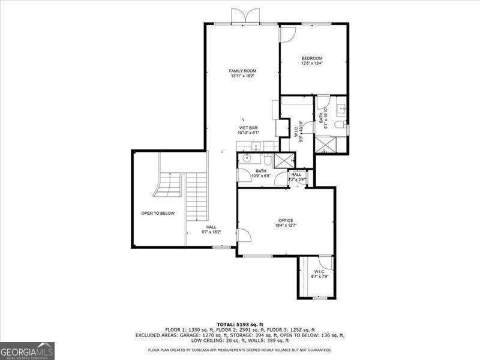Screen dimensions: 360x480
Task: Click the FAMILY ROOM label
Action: click(242, 71)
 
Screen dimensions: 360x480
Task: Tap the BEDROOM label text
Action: click(311, 58)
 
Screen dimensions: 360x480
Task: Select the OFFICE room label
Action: click(285, 220)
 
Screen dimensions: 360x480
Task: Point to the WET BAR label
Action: click(248, 128)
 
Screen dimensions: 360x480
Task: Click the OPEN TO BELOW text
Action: click(158, 213)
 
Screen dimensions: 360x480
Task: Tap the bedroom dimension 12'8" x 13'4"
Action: click(311, 64)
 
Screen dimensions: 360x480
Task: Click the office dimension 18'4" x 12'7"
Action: click(285, 226)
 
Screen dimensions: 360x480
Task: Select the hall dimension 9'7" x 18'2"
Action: click(211, 232)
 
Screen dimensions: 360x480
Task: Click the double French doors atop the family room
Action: click(247, 16)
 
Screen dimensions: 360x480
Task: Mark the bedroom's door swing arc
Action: click(287, 35)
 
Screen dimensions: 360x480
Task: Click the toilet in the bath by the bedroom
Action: click(339, 125)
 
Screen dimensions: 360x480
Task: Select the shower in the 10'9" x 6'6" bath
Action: click(284, 160)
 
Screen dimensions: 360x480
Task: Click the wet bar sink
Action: click(255, 146)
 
